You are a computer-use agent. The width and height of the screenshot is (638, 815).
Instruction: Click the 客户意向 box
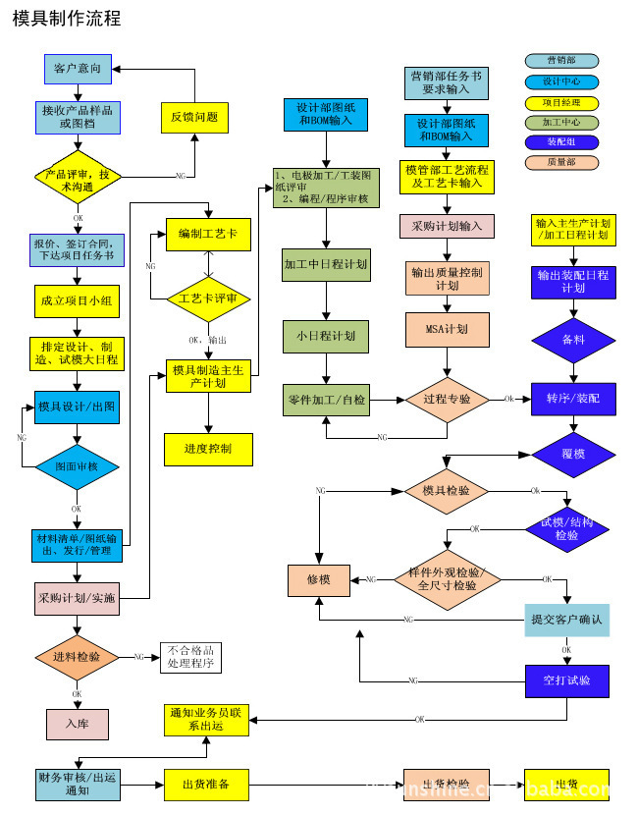point(78,69)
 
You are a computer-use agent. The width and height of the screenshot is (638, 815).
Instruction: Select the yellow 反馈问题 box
point(193,117)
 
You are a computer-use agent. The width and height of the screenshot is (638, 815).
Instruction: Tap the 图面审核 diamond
point(77,466)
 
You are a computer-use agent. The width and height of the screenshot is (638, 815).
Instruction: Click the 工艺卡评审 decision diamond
point(207,299)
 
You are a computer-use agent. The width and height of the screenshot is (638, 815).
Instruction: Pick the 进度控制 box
point(207,449)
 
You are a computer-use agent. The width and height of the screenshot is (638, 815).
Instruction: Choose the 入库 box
point(77,724)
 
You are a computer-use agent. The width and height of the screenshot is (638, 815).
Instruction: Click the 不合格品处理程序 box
point(190,657)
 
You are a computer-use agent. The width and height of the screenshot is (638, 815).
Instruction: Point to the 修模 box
point(318,579)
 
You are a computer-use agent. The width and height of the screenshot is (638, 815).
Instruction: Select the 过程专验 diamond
point(447,400)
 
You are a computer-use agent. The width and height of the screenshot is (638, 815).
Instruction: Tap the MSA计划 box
point(447,329)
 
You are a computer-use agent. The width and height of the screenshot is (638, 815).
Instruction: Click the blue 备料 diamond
point(573,339)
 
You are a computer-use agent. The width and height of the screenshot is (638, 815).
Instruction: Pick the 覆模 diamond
point(573,455)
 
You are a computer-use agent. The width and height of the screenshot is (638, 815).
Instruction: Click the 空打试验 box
point(566,679)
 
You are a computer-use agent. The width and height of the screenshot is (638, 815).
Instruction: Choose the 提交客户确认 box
point(566,620)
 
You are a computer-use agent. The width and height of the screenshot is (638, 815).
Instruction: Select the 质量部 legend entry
point(561,162)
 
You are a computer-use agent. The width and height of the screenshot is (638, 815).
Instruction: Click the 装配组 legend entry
point(561,142)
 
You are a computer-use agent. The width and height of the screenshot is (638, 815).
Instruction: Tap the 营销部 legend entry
point(561,61)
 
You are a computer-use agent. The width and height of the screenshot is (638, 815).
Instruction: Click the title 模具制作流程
point(67,19)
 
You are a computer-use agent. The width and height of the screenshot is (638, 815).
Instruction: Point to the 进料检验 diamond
point(77,656)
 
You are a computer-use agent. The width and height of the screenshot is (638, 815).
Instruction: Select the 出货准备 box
point(206,785)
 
